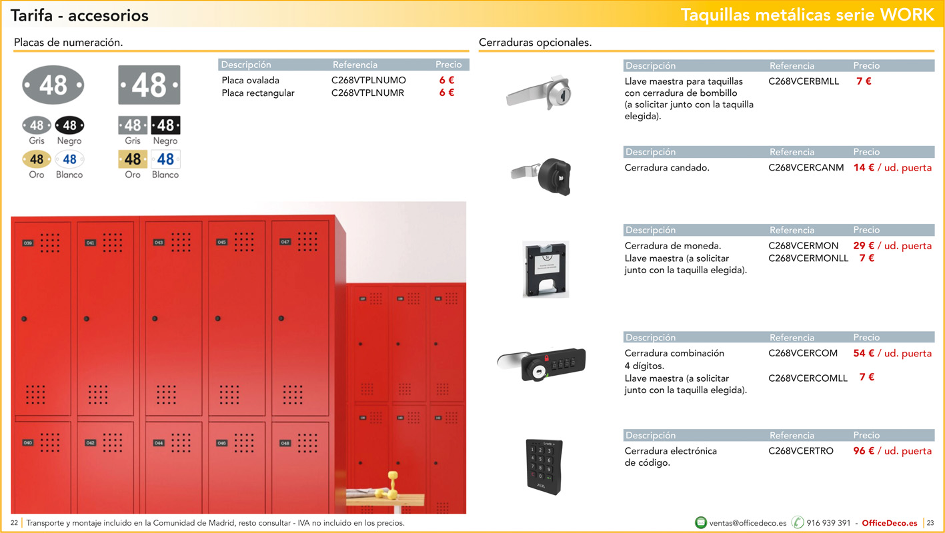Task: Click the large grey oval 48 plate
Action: pos(53,85)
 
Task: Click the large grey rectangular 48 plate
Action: pos(149,85)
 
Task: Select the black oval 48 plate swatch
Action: pos(69,125)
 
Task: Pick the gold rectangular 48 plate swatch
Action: pos(133,159)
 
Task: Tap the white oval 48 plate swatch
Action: pos(69,159)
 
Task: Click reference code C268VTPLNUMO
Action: pos(369,80)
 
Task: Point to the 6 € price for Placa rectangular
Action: pos(447,93)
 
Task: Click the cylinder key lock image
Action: pos(539,93)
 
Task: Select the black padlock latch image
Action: pos(542,176)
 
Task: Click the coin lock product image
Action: pos(546,270)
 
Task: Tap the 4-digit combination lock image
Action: pos(542,364)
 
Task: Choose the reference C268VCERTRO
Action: pos(801,451)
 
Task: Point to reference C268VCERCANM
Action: pos(806,168)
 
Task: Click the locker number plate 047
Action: pos(285,242)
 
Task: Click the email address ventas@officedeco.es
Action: pos(748,523)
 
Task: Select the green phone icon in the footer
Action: pos(798,522)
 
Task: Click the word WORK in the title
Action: pos(907,15)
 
